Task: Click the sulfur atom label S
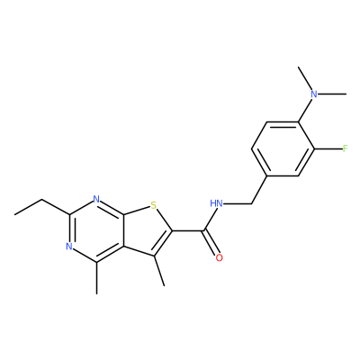pos(153,205)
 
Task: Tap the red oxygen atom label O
pos(220,257)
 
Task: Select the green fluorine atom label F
pos(345,148)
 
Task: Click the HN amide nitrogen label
pos(216,203)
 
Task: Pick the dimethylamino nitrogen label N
pos(314,94)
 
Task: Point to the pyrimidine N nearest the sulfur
pos(96,199)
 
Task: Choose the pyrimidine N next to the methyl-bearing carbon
pos(69,247)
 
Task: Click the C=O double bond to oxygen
pos(211,243)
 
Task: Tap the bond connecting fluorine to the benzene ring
pos(328,148)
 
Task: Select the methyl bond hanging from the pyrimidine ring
pos(96,278)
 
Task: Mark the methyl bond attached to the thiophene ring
pos(159,271)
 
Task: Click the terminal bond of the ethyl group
pos(29,207)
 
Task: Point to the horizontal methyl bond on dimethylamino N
pos(332,94)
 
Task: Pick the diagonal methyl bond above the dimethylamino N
pos(304,78)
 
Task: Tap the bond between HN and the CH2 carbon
pos(238,204)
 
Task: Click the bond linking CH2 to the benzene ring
pos(259,190)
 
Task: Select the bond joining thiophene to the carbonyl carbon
pos(188,230)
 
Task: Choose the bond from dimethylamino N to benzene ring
pos(305,110)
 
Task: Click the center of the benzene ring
pos(283,148)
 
